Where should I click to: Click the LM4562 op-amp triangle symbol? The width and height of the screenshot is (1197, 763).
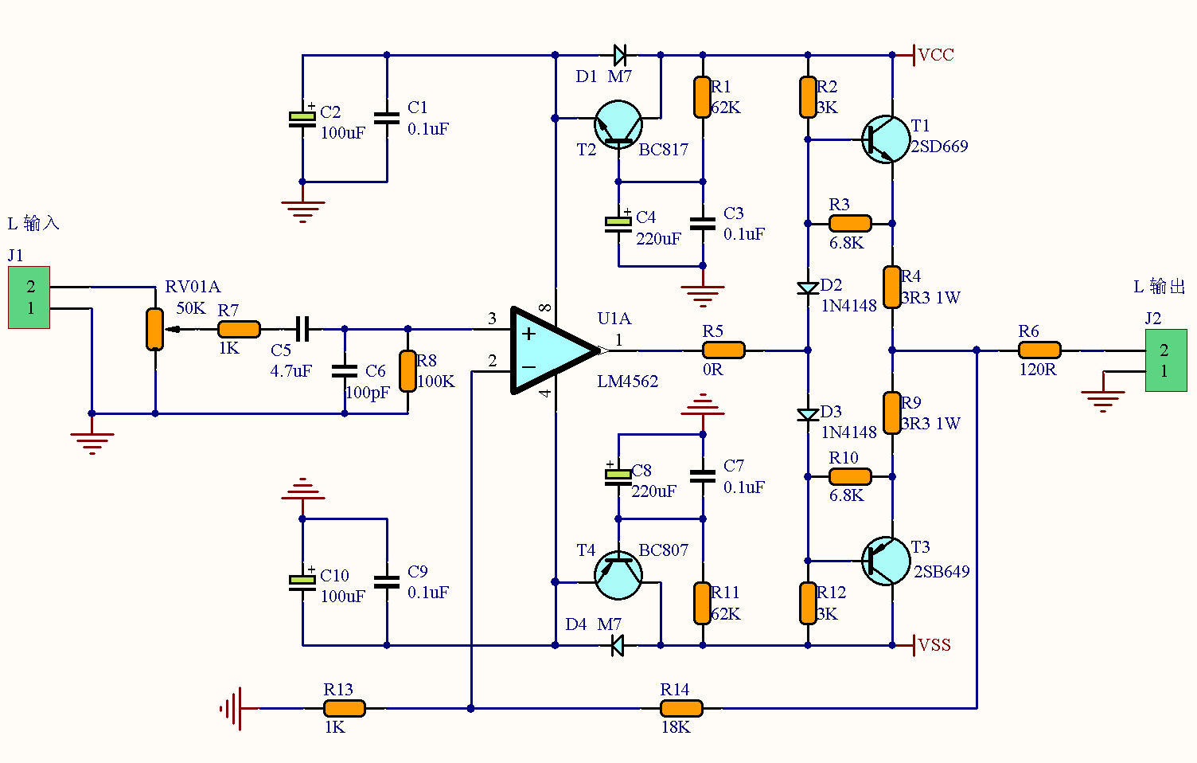[x=549, y=350]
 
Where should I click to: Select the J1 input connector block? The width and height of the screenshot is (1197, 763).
[x=29, y=297]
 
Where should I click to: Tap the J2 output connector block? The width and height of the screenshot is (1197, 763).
[x=1166, y=361]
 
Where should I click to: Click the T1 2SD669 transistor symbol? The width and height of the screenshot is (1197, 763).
[x=886, y=139]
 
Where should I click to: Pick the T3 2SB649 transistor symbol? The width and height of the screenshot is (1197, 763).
[x=886, y=561]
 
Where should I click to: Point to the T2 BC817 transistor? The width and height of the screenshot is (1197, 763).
[x=618, y=125]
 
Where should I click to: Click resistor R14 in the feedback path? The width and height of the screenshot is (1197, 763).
[x=681, y=708]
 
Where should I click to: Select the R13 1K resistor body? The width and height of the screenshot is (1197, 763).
[x=344, y=708]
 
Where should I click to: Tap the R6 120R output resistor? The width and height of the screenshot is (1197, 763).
[x=1039, y=350]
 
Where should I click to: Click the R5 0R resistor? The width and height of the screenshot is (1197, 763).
[x=723, y=350]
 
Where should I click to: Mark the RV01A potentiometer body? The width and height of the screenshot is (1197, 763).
[x=154, y=329]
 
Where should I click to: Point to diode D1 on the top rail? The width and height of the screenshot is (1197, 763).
[x=620, y=55]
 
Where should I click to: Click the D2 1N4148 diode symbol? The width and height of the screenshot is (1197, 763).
[x=808, y=288]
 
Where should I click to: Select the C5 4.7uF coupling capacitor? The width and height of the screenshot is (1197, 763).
[x=302, y=328]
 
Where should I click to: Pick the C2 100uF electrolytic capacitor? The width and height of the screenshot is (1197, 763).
[x=302, y=119]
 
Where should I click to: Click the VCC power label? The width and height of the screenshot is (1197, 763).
[x=935, y=55]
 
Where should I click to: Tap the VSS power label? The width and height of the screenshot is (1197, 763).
[x=934, y=645]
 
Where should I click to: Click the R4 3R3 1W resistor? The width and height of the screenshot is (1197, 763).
[x=892, y=286]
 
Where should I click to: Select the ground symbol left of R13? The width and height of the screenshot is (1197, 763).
[x=232, y=708]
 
